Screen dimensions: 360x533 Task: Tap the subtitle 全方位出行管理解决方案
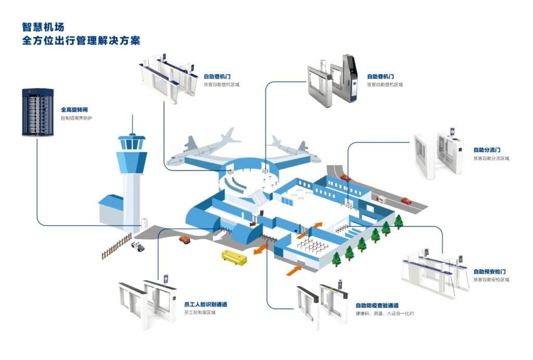coord(81,41)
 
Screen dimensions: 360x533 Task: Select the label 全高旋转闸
coord(74,110)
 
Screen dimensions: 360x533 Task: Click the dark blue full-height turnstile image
coord(37,112)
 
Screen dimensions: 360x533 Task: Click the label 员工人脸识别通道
coord(206,304)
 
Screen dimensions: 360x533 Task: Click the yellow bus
coord(233,257)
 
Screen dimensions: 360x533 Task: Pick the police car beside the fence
coord(138,246)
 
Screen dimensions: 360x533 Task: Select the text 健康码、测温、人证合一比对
coord(385,314)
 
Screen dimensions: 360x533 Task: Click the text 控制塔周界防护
coord(80,118)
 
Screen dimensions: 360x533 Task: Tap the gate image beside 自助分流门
coord(439,154)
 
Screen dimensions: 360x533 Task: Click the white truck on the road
coord(382,199)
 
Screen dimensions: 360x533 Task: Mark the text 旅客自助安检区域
coord(491,280)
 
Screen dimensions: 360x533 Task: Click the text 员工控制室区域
coord(200,313)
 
